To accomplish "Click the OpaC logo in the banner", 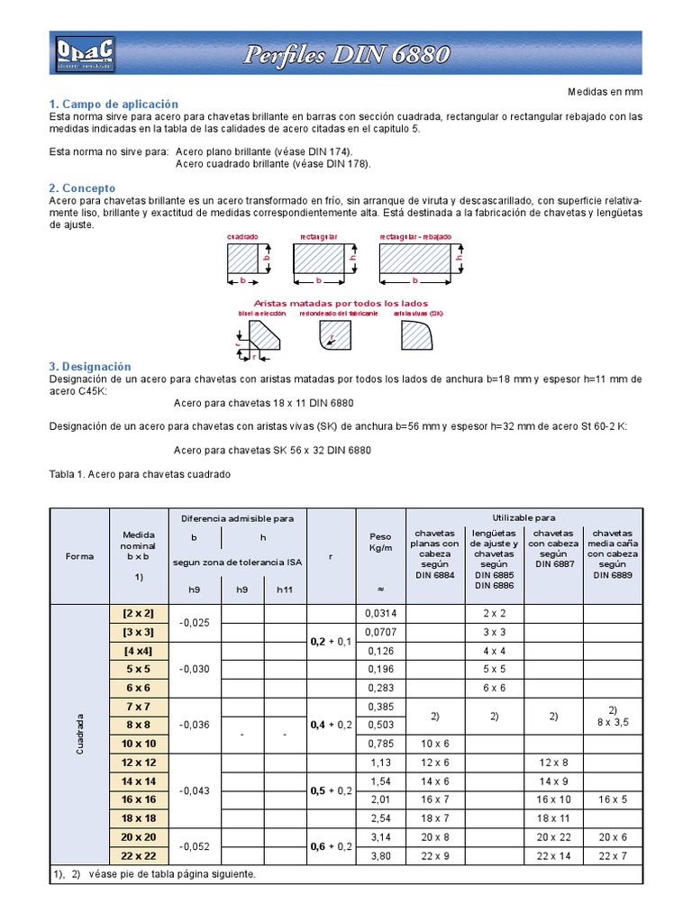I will click(83, 53).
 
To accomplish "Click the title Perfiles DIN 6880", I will click(347, 55).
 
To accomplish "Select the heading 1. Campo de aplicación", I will click(114, 105).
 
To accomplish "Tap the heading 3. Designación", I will click(89, 367).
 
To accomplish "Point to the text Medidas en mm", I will click(605, 92).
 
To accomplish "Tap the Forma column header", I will click(79, 556).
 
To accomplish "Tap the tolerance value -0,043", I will click(196, 790).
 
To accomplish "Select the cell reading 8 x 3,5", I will click(613, 721).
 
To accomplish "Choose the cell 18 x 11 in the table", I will click(552, 818).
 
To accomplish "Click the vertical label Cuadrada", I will click(79, 735).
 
